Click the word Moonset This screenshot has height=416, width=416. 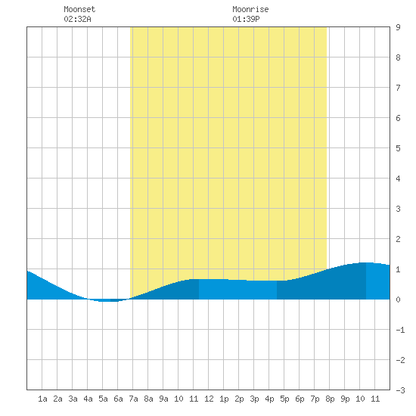(x=79, y=9)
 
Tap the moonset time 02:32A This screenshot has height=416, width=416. (x=77, y=19)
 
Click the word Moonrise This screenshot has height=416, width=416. (x=250, y=9)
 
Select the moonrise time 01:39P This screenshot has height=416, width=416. (x=246, y=19)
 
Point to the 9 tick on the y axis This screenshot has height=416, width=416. (x=398, y=27)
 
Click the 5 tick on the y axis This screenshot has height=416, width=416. (x=398, y=148)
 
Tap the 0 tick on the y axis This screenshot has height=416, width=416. (x=398, y=300)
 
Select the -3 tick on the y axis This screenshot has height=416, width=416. (x=400, y=390)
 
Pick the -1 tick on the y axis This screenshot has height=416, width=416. (x=400, y=330)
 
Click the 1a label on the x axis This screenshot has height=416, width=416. (x=42, y=399)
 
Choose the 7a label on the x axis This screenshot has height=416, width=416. (x=133, y=399)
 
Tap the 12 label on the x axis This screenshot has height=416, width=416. (x=209, y=399)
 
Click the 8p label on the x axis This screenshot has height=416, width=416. (x=330, y=399)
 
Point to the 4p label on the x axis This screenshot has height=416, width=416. (x=269, y=399)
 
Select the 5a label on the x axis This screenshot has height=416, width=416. (x=103, y=399)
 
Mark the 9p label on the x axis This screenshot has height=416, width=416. (x=345, y=399)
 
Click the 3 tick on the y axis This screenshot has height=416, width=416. (x=398, y=209)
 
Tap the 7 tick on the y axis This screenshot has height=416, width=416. (x=398, y=88)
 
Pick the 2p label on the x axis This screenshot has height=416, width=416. (x=239, y=399)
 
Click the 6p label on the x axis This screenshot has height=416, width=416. (x=300, y=399)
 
